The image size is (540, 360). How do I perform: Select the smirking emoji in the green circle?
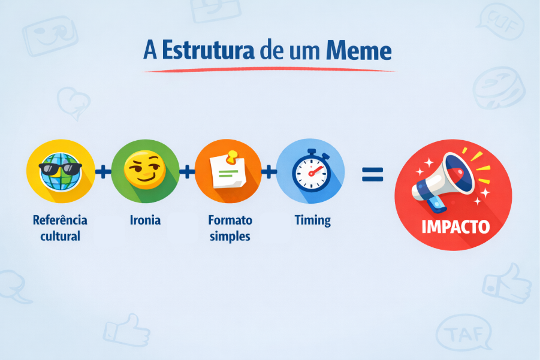click(x=144, y=171)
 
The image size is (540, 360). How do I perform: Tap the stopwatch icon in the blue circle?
click(x=310, y=171)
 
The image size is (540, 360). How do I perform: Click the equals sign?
click(x=372, y=173)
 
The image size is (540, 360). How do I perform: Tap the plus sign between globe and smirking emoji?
click(x=103, y=173)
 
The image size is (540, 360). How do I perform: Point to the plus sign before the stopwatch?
click(x=269, y=173)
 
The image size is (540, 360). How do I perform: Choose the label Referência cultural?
click(x=60, y=228)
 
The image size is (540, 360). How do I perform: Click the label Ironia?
click(x=144, y=220)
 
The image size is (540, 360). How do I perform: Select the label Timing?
click(x=312, y=220)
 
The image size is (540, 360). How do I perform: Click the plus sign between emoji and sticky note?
click(x=187, y=173)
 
